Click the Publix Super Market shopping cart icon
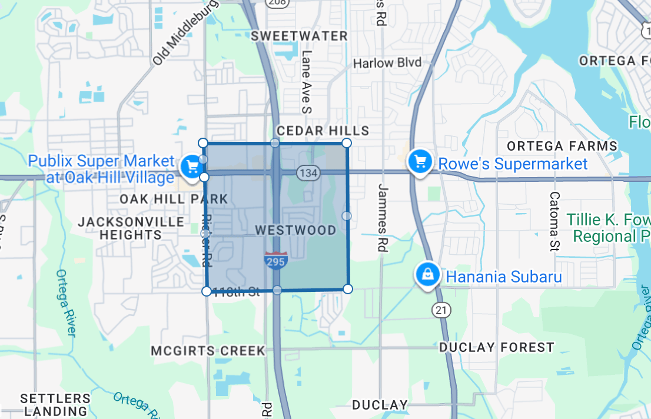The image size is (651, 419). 191,166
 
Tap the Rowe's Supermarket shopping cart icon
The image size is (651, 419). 420,160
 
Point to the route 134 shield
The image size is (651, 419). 308,173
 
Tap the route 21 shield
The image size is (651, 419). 440,309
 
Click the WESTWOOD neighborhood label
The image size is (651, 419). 295,230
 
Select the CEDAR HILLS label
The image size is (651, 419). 323,131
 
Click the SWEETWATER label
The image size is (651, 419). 300,36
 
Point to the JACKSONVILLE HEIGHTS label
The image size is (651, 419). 131,228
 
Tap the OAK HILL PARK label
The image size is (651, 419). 165,199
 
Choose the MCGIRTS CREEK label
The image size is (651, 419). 208,351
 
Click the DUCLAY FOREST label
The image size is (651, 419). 497,347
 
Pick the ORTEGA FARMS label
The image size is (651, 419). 562,146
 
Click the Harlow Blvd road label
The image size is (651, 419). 387,63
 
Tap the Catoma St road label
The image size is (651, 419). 554,221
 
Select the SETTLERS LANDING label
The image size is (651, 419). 55,405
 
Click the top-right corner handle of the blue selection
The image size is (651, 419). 347,143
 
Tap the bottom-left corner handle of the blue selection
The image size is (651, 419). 207,291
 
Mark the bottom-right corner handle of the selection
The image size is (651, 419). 347,288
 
